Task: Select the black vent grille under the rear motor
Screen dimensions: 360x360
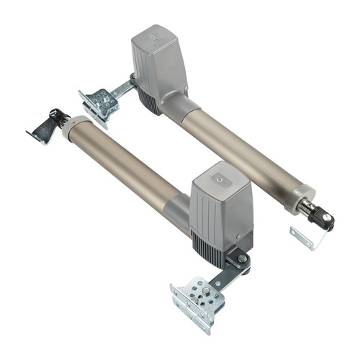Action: pyautogui.click(x=148, y=102)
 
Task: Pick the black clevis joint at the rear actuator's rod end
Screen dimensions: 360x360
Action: pyautogui.click(x=320, y=214)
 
